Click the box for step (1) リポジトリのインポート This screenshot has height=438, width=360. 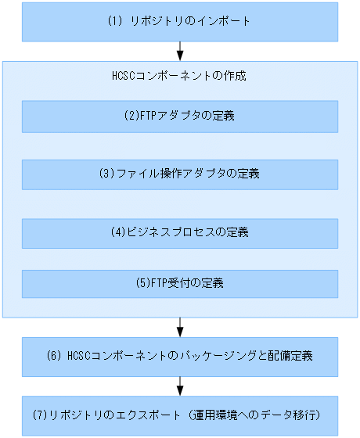[179, 22]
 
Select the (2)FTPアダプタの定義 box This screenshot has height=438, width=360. [179, 117]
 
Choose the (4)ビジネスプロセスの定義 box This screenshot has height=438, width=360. [179, 233]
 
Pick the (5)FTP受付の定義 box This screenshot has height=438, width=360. [179, 284]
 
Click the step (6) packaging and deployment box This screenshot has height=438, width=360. [179, 356]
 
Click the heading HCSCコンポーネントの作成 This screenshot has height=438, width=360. [180, 77]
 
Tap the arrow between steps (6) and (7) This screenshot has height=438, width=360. [180, 385]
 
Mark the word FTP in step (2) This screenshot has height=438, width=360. [146, 117]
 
